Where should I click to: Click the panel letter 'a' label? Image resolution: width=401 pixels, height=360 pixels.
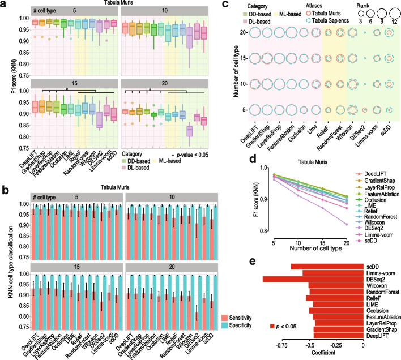(4, 5)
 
